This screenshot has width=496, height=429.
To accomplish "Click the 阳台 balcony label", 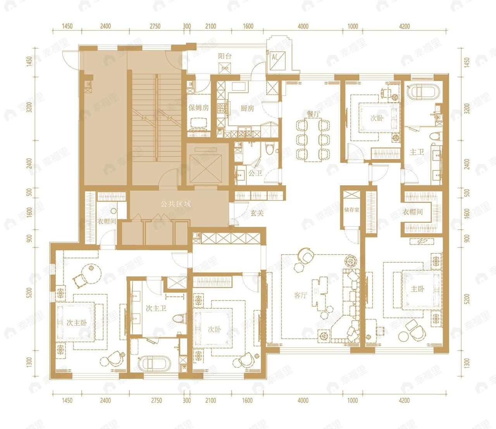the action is (225, 56).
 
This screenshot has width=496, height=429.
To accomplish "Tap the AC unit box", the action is (278, 61).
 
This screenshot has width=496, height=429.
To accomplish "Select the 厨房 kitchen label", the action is (247, 109).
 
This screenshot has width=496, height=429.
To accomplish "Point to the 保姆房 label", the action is (199, 108).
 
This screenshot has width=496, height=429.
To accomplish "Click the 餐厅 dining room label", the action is (313, 114).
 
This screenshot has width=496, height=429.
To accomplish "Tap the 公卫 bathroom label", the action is (255, 173).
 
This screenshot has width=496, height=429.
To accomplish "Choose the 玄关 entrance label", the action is (257, 213).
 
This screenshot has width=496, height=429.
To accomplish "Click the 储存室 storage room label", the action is (351, 210).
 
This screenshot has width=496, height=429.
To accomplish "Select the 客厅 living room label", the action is (300, 295).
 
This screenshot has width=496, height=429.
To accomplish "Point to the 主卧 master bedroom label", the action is (417, 289).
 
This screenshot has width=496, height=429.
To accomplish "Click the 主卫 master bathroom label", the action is (417, 152).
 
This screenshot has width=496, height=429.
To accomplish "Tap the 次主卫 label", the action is (156, 308).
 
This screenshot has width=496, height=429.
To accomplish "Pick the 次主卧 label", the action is (77, 323).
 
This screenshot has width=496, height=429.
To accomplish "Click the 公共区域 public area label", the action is (176, 204).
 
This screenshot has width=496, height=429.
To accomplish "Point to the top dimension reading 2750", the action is (155, 26).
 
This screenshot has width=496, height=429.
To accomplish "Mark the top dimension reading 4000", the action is (303, 26).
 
